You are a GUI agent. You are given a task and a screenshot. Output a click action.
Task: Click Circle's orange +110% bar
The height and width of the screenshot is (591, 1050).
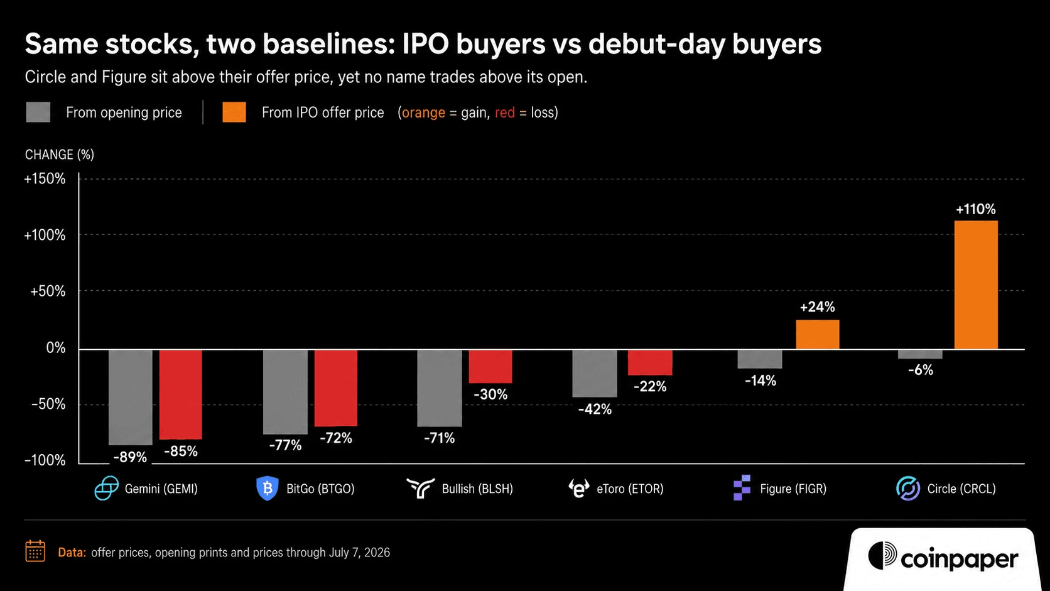976,285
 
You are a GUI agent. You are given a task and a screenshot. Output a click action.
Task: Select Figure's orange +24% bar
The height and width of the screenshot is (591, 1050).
818,335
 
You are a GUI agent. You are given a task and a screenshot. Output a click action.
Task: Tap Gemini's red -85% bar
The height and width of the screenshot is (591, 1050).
180,394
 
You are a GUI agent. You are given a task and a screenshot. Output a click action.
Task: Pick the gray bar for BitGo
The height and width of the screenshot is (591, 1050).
285,392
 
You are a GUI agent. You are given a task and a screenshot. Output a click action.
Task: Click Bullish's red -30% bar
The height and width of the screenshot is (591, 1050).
490,367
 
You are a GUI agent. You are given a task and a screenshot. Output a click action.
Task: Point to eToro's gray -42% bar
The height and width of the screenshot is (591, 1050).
594,374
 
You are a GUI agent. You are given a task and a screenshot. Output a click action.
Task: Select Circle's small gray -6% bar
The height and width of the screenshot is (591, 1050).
920,354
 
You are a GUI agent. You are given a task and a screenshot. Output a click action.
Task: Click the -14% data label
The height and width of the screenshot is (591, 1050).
760,381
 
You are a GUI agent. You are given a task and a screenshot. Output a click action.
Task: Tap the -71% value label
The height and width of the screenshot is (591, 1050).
439,438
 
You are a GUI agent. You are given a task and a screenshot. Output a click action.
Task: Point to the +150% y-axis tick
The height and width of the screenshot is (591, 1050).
45,178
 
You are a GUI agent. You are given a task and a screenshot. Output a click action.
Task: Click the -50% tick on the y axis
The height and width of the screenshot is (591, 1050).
48,404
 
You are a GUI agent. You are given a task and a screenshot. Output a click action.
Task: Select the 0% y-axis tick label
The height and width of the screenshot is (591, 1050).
56,348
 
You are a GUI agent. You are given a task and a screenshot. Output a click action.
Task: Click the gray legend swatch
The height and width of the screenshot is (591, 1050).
38,112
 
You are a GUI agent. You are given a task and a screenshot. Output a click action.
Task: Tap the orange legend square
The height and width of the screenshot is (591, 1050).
234,112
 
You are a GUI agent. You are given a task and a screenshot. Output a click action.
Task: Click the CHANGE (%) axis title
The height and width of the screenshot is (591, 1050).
60,155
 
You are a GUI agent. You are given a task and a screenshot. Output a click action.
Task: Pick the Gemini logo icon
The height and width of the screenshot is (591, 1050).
106,489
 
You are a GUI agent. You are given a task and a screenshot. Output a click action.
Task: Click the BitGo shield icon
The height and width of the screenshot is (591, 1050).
267,489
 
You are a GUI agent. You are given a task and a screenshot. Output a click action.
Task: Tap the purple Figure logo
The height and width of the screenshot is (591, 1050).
742,488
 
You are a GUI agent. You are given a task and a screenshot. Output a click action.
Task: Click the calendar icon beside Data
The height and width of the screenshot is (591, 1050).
35,551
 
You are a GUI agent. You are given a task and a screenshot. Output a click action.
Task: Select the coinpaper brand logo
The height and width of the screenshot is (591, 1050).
943,558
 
